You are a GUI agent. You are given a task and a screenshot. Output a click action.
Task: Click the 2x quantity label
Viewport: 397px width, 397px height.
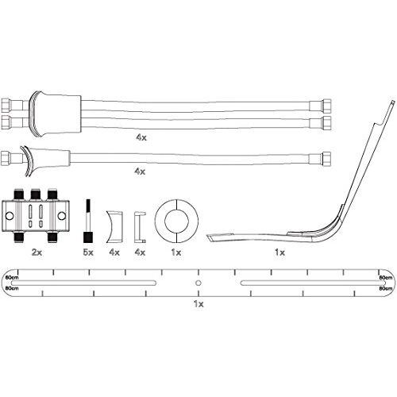(37, 252)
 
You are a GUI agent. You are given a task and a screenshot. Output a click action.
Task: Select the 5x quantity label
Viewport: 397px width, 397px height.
(88, 252)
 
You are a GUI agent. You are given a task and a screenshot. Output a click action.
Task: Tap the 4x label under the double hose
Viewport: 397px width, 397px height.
(141, 137)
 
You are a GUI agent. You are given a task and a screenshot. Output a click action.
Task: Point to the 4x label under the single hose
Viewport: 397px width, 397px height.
(140, 172)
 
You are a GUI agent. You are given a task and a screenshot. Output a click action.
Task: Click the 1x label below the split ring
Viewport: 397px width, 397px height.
(176, 252)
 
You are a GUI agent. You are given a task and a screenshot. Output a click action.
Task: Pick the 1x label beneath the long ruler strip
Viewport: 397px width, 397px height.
(198, 303)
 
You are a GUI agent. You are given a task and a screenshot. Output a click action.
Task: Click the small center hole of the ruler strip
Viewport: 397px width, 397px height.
(198, 283)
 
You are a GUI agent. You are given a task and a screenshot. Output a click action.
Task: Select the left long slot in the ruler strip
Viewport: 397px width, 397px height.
(83, 283)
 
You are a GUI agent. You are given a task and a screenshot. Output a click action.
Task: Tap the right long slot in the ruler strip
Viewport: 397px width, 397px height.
(313, 283)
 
